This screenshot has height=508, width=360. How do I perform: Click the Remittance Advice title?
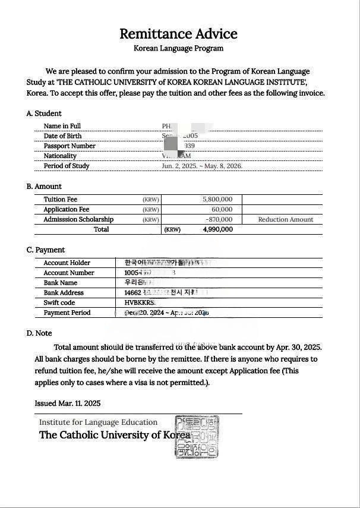pos(178,34)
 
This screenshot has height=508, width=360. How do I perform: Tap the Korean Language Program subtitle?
pos(178,48)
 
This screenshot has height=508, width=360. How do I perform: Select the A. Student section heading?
pos(44,113)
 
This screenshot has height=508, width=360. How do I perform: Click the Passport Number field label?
pos(70,146)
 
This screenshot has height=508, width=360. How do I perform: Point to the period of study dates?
pos(202,166)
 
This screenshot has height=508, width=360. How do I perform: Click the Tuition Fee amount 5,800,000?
pos(217,200)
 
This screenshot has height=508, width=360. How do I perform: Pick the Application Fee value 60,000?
pos(222,210)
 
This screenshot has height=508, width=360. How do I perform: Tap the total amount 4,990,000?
pos(218,229)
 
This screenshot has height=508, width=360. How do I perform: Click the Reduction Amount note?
pos(285,220)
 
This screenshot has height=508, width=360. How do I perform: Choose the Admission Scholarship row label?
pos(78,220)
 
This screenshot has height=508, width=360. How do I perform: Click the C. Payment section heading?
pos(46,250)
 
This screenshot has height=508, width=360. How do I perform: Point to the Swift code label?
pos(59,303)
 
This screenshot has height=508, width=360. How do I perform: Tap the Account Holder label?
pos(67,263)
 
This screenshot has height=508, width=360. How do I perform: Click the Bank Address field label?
pos(64,293)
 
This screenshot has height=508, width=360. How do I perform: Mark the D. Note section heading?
pos(39,333)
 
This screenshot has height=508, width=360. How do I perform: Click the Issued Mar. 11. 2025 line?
pos(68,403)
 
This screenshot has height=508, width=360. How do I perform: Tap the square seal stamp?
pos(197,437)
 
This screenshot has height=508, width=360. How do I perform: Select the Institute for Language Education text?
pos(99,422)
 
